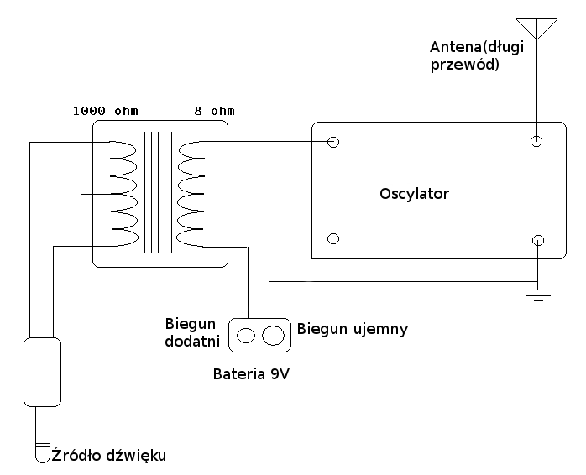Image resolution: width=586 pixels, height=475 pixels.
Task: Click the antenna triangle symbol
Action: click(536, 26)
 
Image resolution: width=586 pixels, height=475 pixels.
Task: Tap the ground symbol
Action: click(537, 297)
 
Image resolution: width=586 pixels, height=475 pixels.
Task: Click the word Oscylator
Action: click(414, 194)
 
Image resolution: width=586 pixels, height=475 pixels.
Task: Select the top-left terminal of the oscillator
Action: click(333, 142)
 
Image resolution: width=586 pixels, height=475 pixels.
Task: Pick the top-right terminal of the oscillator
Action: click(537, 142)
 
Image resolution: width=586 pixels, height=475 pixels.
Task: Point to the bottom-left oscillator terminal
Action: click(333, 239)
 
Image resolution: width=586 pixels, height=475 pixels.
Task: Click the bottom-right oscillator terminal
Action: click(537, 239)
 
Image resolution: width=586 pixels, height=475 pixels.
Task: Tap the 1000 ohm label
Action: click(105, 111)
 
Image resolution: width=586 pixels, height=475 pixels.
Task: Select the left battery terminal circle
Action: click(247, 336)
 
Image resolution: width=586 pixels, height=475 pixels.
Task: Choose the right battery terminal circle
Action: click(273, 336)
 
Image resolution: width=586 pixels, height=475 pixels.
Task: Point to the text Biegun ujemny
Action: click(353, 328)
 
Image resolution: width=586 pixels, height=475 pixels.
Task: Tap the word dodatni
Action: click(193, 342)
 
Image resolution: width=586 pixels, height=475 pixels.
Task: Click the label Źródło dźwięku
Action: click(109, 456)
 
